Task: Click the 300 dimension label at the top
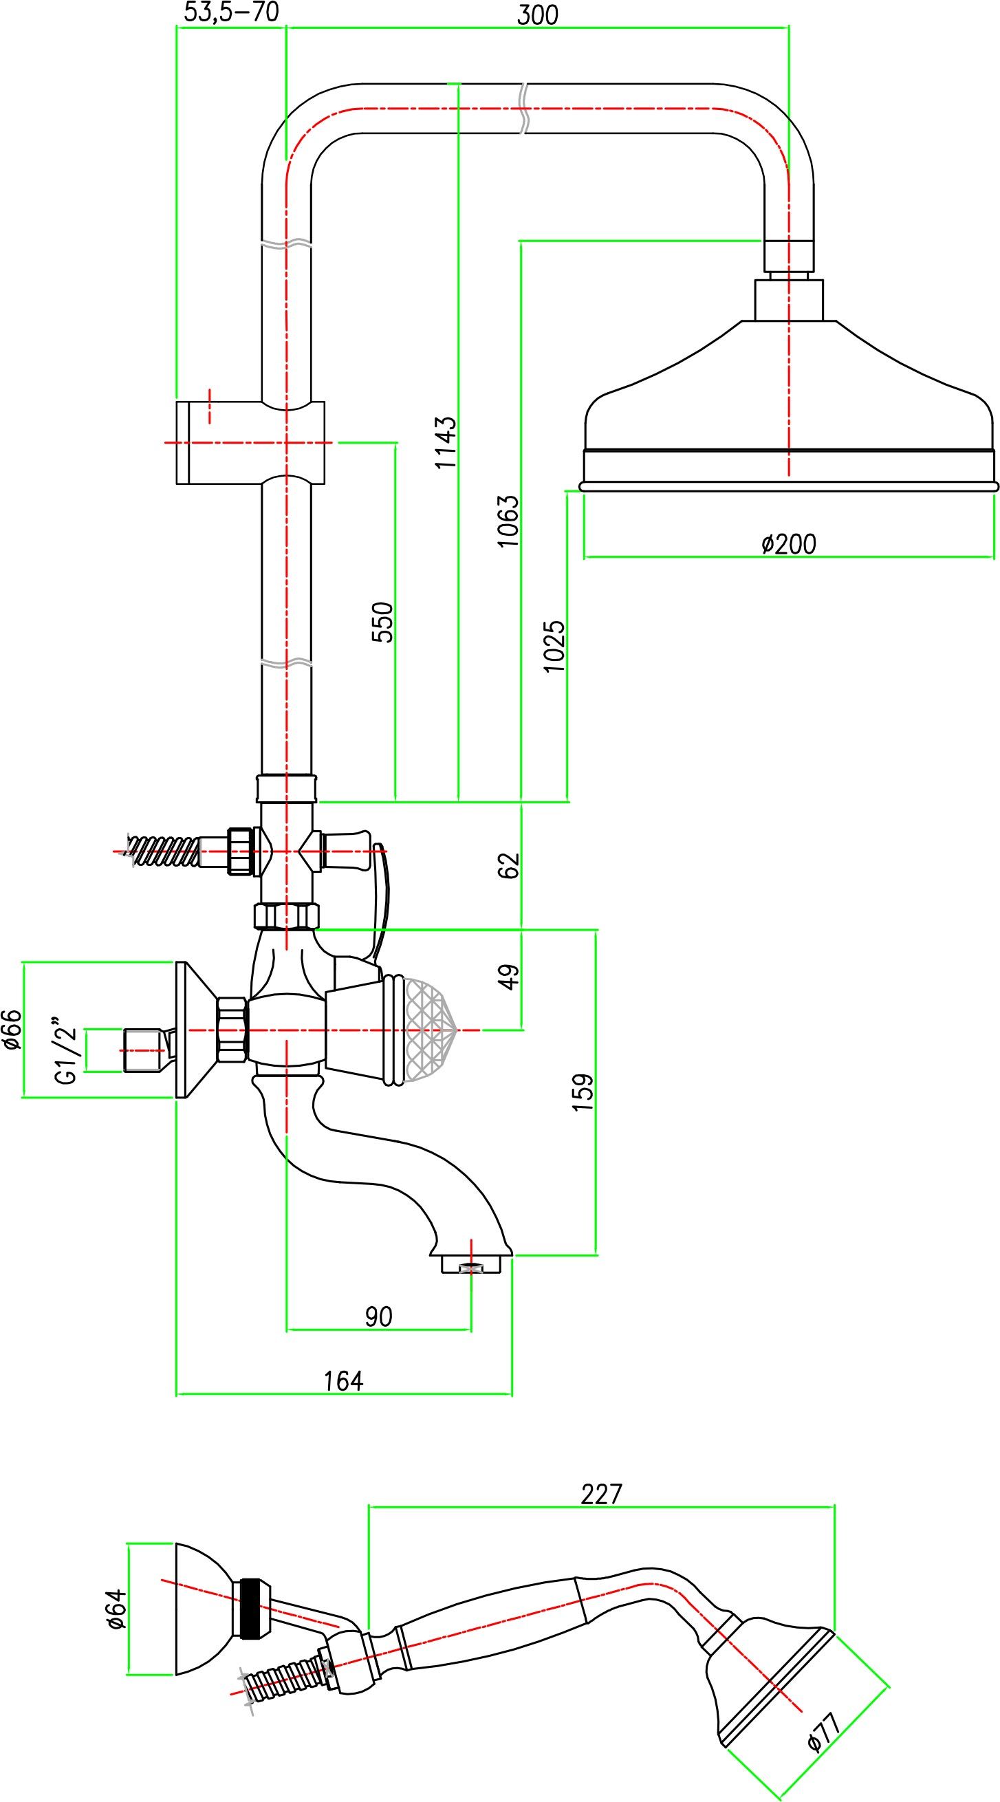coord(537,14)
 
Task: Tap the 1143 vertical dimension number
coord(446,442)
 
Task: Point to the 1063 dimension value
coord(508,521)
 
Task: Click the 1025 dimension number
coord(554,647)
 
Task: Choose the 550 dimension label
coord(382,621)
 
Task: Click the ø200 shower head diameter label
coord(789,543)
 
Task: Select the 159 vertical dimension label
coord(583,1092)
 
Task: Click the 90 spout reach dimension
coord(379,1316)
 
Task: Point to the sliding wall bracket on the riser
coord(250,442)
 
